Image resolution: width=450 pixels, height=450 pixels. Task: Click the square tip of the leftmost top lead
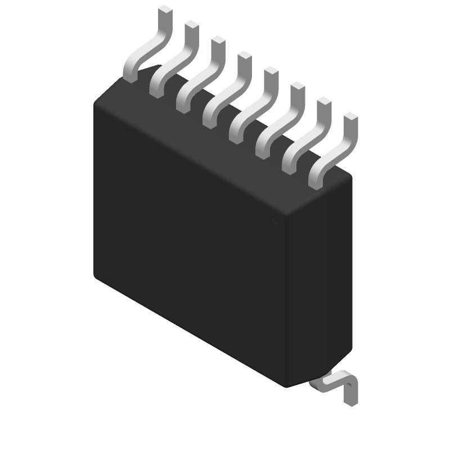pyautogui.click(x=164, y=10)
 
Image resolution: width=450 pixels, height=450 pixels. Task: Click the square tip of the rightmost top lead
pyautogui.click(x=350, y=117)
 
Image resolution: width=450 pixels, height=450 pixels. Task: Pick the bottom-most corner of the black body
pyautogui.click(x=287, y=387)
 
